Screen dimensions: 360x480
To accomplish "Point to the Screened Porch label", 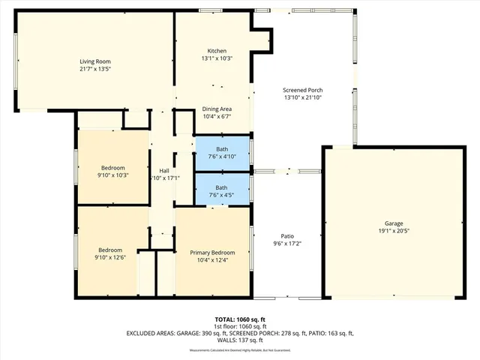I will (x=303, y=89).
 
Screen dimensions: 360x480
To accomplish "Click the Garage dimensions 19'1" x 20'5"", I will (x=394, y=232).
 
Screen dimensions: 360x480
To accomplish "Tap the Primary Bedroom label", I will (x=212, y=253).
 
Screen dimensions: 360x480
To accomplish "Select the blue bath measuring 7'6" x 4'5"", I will (x=222, y=191).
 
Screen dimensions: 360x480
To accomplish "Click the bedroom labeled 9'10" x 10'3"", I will (x=113, y=171).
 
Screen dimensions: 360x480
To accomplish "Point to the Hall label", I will (x=163, y=170).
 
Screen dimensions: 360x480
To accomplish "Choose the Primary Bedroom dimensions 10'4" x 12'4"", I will (x=212, y=260).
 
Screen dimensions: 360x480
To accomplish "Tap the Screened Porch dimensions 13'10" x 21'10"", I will (x=303, y=97).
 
